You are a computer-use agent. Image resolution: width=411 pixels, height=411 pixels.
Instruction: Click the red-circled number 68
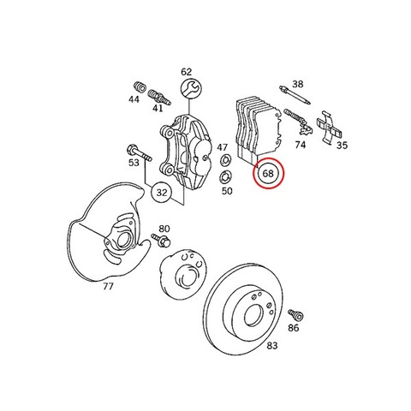[268, 173]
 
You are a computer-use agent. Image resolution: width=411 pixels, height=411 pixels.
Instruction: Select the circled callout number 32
[162, 193]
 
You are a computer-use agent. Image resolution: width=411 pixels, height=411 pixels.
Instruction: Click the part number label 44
[134, 99]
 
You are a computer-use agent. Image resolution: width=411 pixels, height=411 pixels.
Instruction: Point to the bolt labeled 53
[139, 152]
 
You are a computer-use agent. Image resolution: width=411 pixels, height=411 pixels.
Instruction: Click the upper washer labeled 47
[225, 159]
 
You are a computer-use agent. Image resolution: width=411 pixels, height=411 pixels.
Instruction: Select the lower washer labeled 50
[225, 178]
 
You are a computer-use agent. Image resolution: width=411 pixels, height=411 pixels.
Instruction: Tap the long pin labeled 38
[295, 94]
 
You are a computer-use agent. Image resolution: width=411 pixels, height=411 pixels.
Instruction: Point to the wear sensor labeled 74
[300, 122]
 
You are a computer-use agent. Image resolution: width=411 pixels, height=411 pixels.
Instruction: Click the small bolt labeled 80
[161, 240]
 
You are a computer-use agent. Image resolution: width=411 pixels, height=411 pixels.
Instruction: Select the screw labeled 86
[296, 315]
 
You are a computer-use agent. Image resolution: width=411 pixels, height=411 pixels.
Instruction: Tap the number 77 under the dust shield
[108, 286]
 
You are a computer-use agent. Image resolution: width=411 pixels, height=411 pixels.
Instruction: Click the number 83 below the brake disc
[271, 346]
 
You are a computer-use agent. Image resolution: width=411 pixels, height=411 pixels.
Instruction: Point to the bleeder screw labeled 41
[159, 98]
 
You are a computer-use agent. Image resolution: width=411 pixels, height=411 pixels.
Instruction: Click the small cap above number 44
[140, 86]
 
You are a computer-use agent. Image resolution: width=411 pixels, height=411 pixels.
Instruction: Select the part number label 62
[187, 72]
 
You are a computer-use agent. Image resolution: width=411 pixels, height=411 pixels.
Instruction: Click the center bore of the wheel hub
[185, 276]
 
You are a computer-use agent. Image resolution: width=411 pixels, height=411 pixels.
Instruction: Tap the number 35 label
[342, 146]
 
